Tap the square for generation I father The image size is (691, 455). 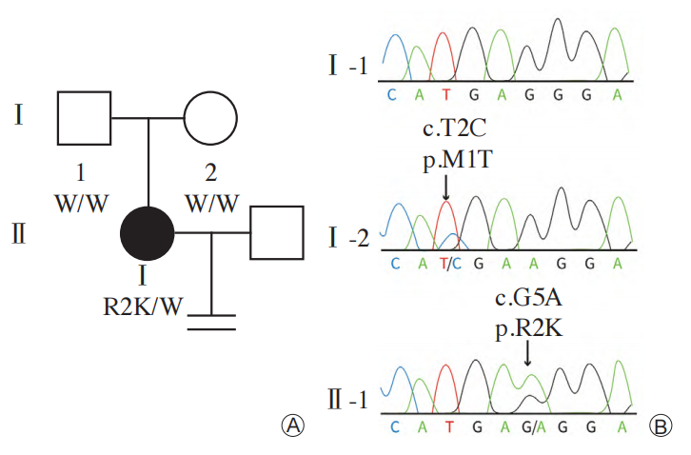[84, 119]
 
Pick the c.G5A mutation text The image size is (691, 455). [527, 301]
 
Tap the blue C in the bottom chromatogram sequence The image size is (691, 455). [393, 426]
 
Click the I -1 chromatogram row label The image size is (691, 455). [347, 68]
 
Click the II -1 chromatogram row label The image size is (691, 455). [345, 399]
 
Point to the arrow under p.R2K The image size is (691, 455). [527, 352]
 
